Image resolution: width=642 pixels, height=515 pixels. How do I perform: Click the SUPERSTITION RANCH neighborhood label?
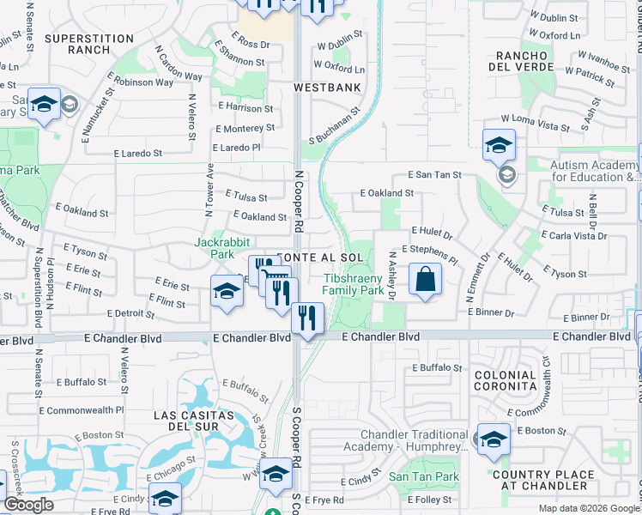click(89, 44)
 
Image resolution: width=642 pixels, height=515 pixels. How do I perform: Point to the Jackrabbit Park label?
click(215, 249)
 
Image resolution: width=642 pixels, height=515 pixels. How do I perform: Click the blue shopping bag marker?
click(425, 280)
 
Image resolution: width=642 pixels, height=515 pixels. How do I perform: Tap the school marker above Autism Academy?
click(498, 146)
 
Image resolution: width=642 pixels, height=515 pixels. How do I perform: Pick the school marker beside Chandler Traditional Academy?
click(493, 440)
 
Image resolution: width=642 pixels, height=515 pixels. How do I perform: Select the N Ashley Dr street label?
click(391, 276)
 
